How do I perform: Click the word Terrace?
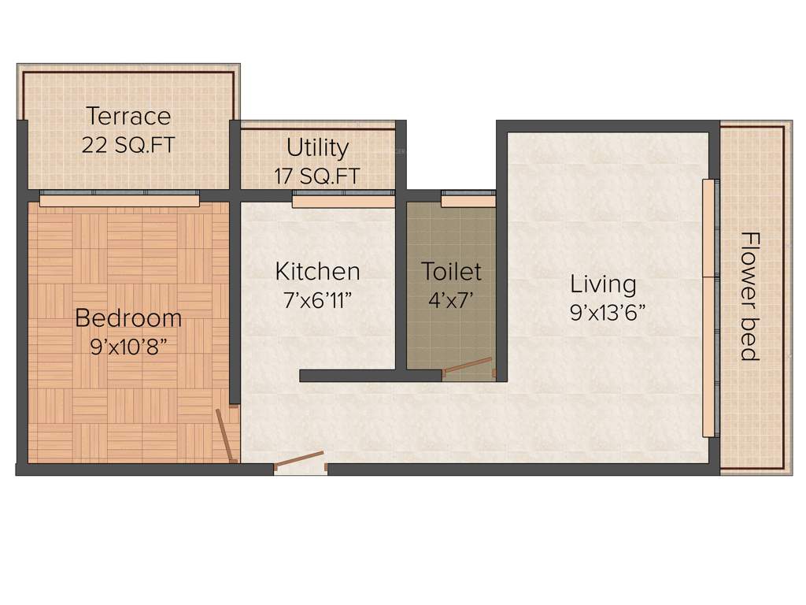(x=128, y=117)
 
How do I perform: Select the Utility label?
(x=317, y=148)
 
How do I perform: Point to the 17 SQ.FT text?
(x=317, y=176)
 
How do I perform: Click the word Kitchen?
(x=317, y=272)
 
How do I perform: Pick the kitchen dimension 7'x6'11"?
(x=317, y=300)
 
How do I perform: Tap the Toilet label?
(x=451, y=272)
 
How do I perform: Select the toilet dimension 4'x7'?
(x=451, y=300)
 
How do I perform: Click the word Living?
(x=603, y=284)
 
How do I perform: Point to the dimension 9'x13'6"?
(x=608, y=313)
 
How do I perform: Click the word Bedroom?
(x=128, y=318)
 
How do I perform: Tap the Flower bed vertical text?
(x=750, y=296)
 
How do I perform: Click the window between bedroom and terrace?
(x=120, y=200)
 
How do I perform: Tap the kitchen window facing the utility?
(x=343, y=201)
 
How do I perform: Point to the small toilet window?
(x=468, y=200)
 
